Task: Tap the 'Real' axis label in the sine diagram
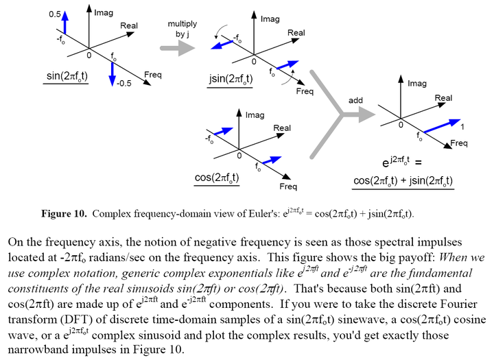click(128, 26)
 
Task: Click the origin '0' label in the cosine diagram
click(239, 156)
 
